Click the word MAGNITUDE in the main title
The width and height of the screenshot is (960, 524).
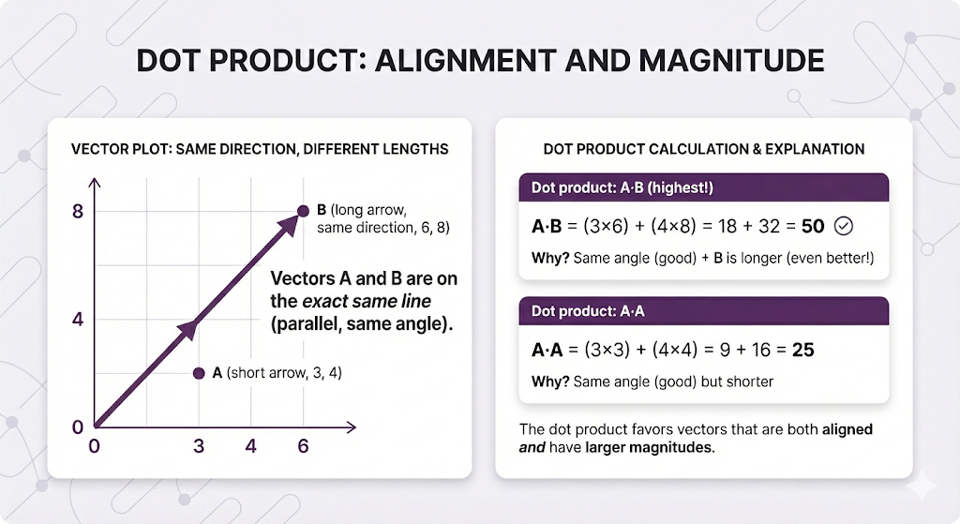point(731,61)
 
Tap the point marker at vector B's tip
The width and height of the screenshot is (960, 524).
point(303,211)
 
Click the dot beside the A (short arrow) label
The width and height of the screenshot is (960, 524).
point(199,373)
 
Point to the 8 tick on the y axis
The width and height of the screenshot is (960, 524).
point(78,212)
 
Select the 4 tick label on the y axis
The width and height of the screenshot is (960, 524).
point(78,320)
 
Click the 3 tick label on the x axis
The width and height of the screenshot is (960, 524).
point(199,445)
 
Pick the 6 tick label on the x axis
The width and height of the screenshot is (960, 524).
point(303,445)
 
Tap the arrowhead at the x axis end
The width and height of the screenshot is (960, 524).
point(352,427)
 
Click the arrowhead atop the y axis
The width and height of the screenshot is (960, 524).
point(95,183)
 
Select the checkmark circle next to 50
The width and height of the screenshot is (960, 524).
point(844,226)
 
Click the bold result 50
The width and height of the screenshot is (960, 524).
point(813,227)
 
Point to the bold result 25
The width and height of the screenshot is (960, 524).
point(803,351)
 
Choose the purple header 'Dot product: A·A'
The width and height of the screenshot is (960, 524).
point(703,311)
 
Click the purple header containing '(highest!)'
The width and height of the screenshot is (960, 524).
point(703,187)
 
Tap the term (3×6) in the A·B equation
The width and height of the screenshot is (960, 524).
point(606,227)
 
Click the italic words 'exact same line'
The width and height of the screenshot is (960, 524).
point(367,301)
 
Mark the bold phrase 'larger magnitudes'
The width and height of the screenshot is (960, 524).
point(649,447)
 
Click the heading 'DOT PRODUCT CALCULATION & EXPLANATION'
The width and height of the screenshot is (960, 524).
point(704,149)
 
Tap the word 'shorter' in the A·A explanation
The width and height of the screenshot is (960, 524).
point(749,382)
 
